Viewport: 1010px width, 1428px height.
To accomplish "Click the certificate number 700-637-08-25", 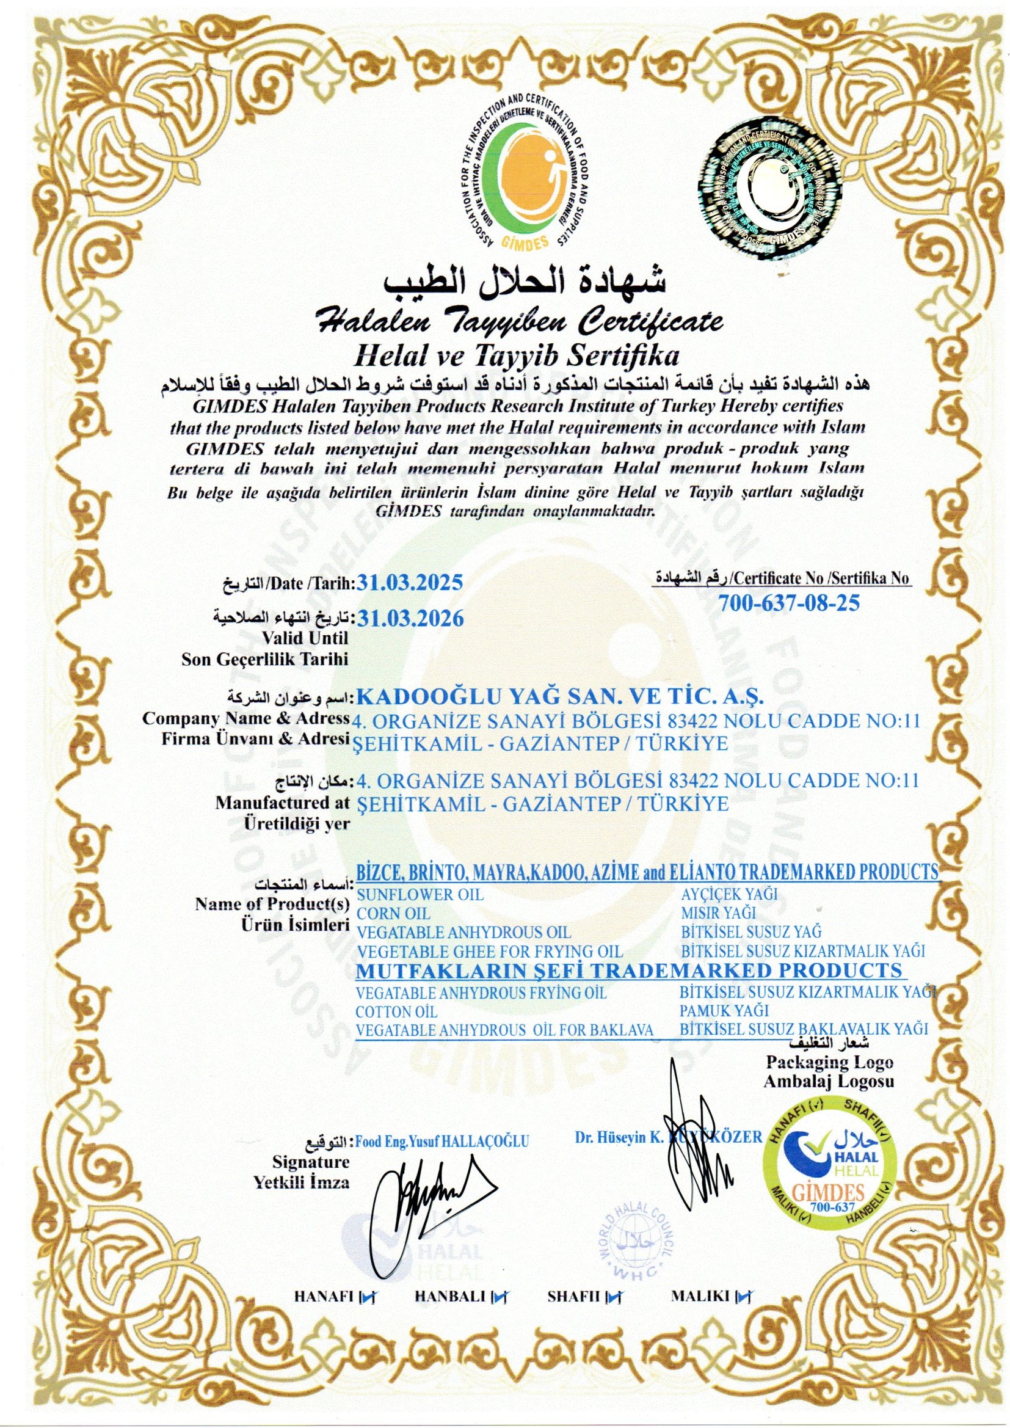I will pos(788,603).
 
